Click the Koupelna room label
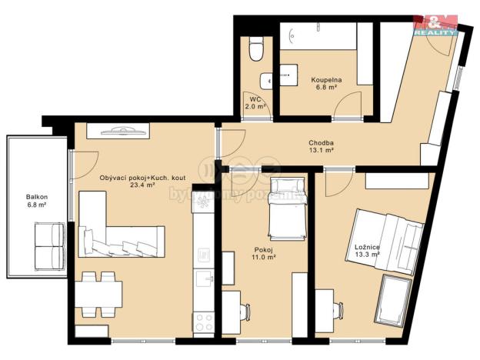pyautogui.click(x=326, y=80)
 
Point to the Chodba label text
pyautogui.click(x=321, y=142)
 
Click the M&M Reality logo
pyautogui.click(x=435, y=25)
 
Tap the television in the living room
pyautogui.click(x=119, y=132)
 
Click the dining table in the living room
pyautogui.click(x=98, y=293)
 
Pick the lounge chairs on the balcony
pyautogui.click(x=48, y=244)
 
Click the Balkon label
pyautogui.click(x=35, y=197)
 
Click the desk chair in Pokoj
pyautogui.click(x=245, y=311)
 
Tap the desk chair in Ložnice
pyautogui.click(x=340, y=310)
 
